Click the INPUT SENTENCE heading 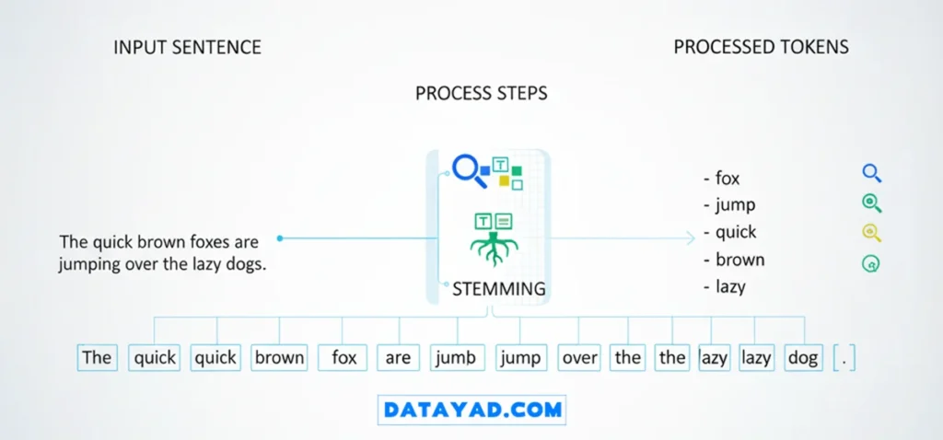click(x=187, y=47)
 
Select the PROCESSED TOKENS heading click(x=761, y=47)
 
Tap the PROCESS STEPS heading click(x=481, y=94)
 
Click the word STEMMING click(x=498, y=289)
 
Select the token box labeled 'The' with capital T click(x=97, y=358)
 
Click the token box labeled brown click(x=279, y=358)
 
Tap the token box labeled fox click(x=343, y=358)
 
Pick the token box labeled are click(x=398, y=358)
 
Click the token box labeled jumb click(x=456, y=358)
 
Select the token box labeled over click(x=579, y=358)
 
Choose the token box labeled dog click(x=802, y=358)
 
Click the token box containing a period click(x=844, y=358)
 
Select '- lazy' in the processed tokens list click(x=724, y=286)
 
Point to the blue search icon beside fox click(x=871, y=173)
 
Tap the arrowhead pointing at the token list click(x=690, y=238)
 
